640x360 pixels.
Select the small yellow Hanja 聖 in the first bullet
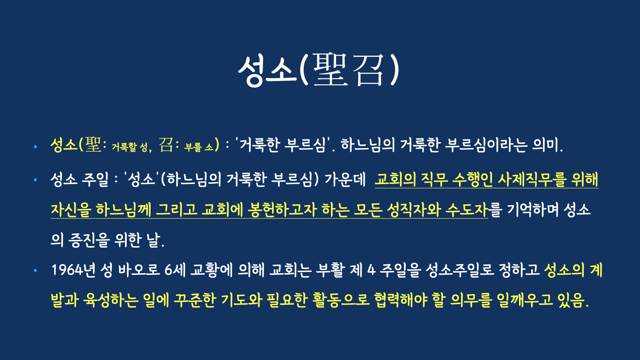(93, 145)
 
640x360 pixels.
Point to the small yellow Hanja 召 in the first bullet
(166, 145)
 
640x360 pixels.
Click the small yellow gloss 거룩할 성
(130, 147)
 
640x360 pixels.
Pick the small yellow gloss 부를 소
(199, 147)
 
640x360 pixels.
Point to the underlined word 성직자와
(414, 210)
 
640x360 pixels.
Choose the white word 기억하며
(533, 210)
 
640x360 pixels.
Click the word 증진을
(89, 240)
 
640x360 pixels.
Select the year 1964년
(73, 270)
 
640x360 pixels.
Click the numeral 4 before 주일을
(371, 270)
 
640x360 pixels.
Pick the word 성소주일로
(460, 270)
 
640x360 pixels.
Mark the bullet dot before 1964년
(35, 270)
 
